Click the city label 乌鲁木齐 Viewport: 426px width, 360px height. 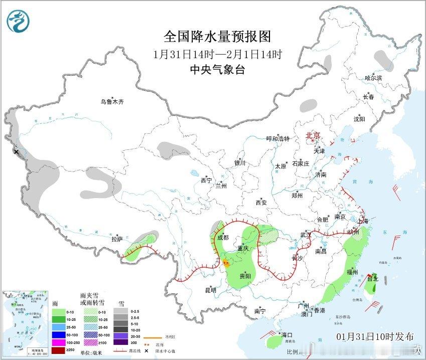tap(111, 102)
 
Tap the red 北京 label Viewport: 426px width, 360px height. tap(313, 136)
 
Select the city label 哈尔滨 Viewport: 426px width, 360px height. tap(373, 78)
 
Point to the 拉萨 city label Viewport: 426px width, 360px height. tap(117, 240)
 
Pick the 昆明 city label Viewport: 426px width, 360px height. tap(210, 290)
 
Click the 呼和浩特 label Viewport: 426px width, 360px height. tap(278, 139)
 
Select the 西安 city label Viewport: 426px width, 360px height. tap(261, 203)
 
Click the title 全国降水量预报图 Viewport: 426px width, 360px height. tap(217, 37)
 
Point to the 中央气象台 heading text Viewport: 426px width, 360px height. tap(217, 70)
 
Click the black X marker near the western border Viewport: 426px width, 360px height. tap(16, 151)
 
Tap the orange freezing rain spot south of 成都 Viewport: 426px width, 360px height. tap(225, 262)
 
